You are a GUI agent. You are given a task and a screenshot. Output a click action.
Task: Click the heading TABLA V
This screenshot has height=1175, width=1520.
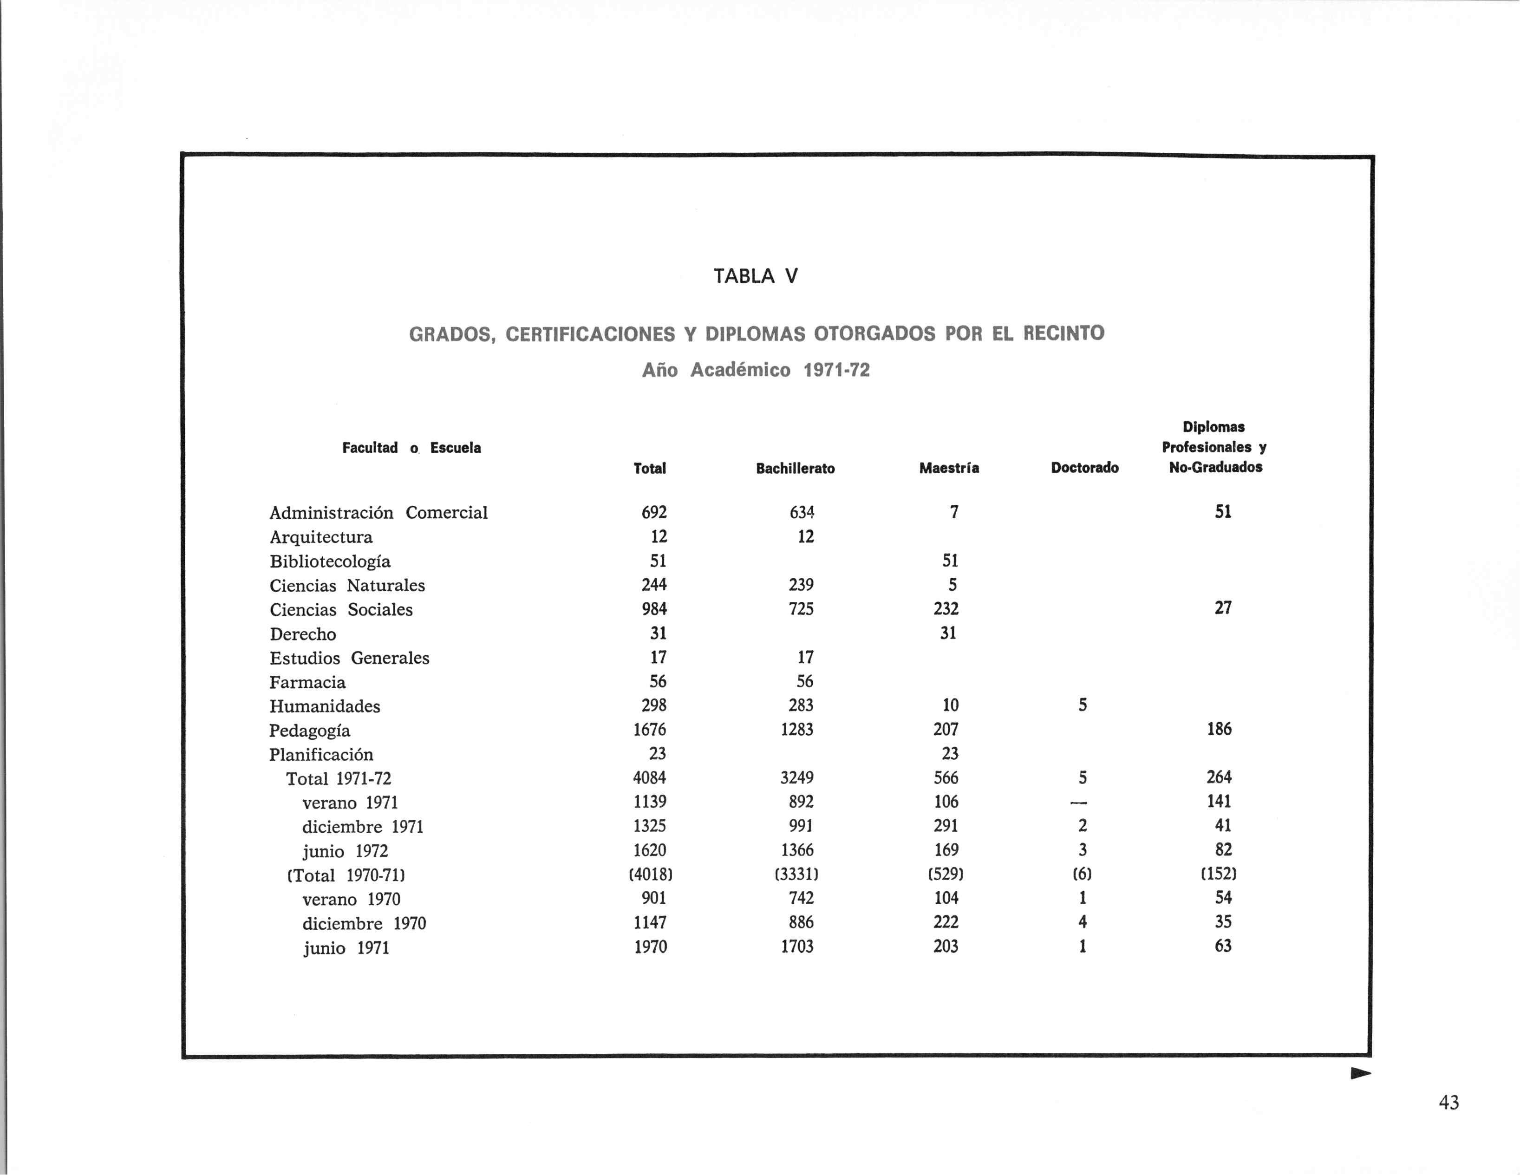coord(756,276)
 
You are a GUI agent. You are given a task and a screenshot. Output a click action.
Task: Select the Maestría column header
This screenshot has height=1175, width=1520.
coord(949,468)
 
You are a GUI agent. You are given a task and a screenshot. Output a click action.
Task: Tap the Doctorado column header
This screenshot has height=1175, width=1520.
coord(1084,468)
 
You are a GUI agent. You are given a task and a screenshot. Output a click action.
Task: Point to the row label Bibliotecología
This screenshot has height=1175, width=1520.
coord(330,561)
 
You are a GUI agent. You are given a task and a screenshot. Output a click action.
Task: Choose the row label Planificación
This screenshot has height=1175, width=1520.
coord(321,755)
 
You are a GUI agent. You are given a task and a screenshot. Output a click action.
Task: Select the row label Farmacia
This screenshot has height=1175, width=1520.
coord(307,682)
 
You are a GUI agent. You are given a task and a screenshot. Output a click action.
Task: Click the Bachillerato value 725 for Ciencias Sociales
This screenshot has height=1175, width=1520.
coord(801,609)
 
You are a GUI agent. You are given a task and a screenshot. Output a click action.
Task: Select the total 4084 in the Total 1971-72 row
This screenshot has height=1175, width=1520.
coord(649,777)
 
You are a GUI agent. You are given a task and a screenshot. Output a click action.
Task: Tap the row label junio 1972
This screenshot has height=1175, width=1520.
coord(345,851)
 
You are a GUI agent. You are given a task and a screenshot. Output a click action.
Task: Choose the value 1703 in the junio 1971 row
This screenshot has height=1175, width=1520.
coord(797,946)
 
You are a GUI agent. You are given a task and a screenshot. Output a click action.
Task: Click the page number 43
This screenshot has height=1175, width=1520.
coord(1448,1103)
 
